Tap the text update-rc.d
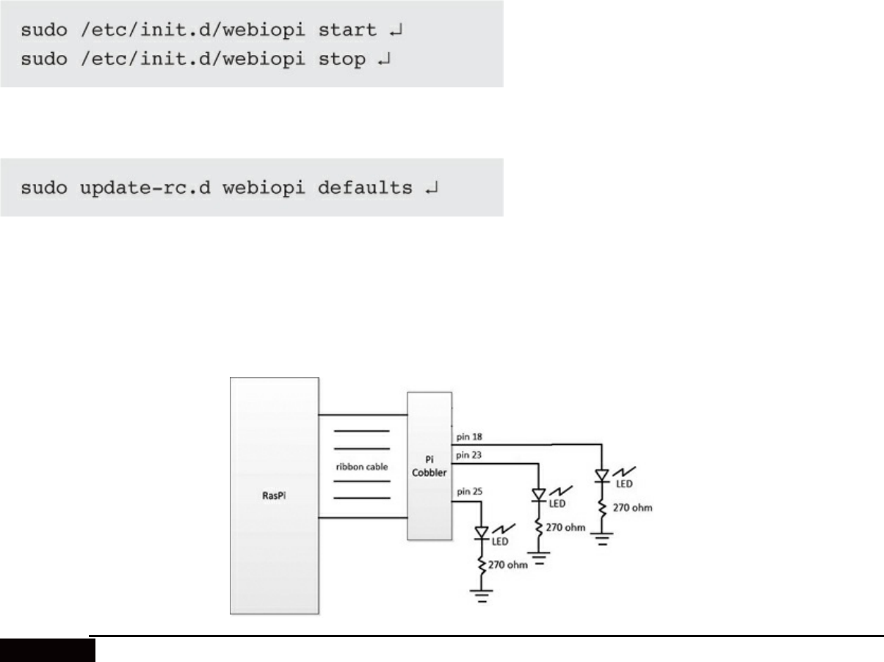(136, 189)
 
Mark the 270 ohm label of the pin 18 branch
(631, 507)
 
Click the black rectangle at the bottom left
(48, 649)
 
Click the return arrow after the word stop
(383, 60)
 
